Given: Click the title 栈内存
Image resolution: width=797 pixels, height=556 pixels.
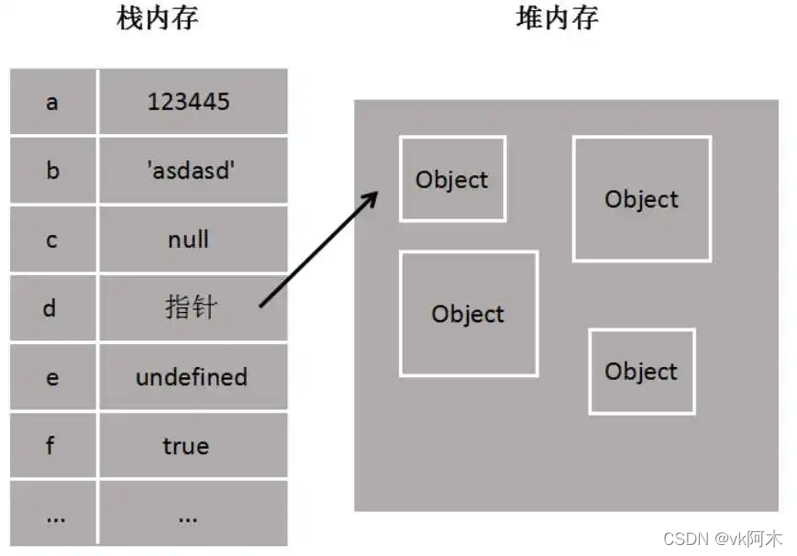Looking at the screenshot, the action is (158, 19).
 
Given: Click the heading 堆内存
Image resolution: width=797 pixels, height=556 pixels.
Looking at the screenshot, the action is (557, 19).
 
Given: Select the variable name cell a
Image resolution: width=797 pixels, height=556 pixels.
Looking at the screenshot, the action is (51, 101).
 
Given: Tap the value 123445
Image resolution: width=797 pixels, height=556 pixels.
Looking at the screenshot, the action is (188, 101).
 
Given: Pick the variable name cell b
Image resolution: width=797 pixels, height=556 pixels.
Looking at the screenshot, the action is (51, 170).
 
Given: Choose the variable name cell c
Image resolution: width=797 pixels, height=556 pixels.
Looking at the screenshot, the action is (51, 239).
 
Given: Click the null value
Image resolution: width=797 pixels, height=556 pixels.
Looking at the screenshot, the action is (188, 239).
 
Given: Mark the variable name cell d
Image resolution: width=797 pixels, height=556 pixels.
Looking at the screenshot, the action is (50, 307).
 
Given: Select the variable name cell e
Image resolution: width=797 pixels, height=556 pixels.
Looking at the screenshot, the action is (51, 377).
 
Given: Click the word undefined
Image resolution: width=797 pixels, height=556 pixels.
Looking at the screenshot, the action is (191, 377).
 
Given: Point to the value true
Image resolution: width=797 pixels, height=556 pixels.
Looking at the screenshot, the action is (186, 446).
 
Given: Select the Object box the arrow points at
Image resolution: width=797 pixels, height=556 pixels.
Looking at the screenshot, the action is (452, 180).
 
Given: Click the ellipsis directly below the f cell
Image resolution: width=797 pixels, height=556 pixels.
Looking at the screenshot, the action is (54, 517).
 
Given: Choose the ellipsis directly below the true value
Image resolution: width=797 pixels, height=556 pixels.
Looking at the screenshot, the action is (188, 517).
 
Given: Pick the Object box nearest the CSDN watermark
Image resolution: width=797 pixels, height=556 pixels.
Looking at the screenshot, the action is (641, 372).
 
